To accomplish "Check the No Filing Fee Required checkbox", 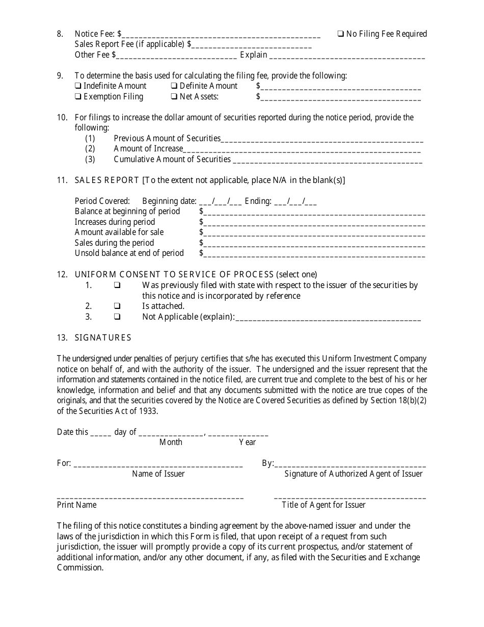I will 340,34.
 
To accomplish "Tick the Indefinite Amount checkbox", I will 78,86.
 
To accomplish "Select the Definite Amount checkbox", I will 174,86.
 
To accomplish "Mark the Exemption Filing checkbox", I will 78,97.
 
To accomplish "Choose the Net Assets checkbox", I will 174,97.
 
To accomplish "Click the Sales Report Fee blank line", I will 252,46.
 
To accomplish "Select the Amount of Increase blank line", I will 302,150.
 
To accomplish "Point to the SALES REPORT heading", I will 107,180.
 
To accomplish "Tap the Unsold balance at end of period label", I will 129,253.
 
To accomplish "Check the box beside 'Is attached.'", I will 117,306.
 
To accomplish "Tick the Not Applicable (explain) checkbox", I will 117,317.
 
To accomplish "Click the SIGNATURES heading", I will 103,337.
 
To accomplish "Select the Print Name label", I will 76,505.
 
